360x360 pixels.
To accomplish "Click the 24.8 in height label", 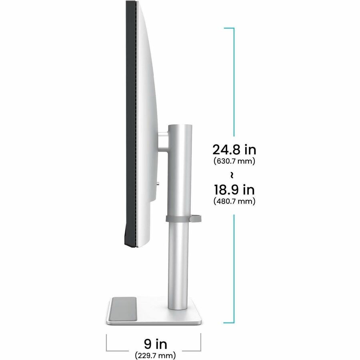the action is coord(234,150).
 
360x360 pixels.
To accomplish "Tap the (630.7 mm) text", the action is coord(234,161).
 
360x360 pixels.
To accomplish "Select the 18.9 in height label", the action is coord(234,190).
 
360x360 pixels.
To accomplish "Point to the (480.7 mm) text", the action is coord(234,201).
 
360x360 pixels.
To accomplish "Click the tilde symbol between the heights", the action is coord(232,175).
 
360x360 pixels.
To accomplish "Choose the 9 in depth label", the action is coord(156,344).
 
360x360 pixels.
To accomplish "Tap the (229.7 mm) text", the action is coord(156,355).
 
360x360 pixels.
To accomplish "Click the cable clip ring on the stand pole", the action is coord(184,218).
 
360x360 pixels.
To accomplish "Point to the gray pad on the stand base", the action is coord(123,309).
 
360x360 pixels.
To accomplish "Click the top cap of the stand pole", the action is coord(180,126).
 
